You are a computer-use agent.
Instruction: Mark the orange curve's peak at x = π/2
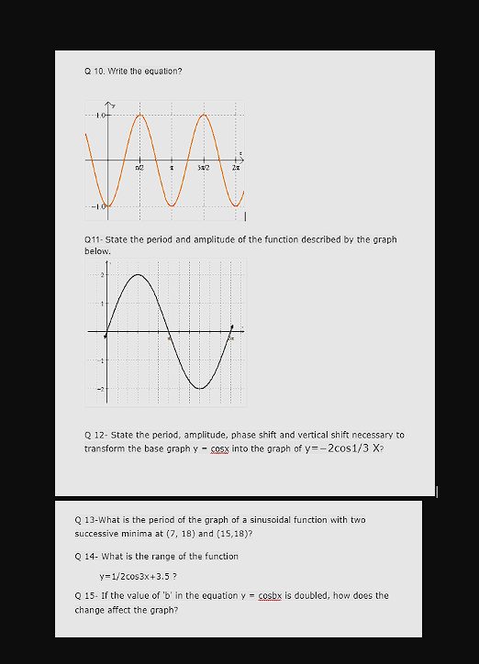pyautogui.click(x=139, y=115)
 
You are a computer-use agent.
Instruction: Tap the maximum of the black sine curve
pyautogui.click(x=138, y=274)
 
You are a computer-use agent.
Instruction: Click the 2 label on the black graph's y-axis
pyautogui.click(x=101, y=274)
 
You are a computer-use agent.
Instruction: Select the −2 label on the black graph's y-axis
pyautogui.click(x=100, y=389)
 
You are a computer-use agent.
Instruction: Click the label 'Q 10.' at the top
pyautogui.click(x=94, y=71)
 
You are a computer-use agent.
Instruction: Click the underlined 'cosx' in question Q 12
pyautogui.click(x=219, y=448)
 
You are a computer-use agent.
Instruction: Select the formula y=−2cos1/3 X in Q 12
pyautogui.click(x=339, y=448)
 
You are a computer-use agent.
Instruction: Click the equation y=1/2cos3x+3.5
pyautogui.click(x=138, y=577)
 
